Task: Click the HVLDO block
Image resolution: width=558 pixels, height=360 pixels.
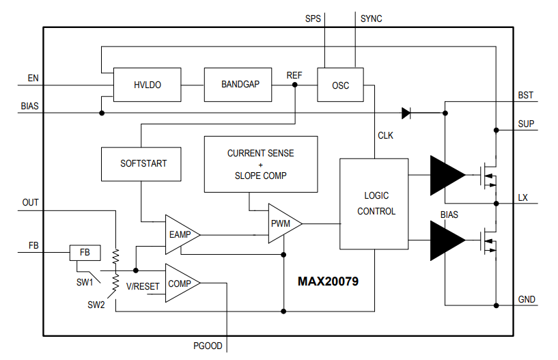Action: click(x=147, y=85)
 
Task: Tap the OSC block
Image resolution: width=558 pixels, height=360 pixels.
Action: click(x=340, y=85)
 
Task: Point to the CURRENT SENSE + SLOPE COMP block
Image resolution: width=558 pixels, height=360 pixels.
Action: click(x=261, y=164)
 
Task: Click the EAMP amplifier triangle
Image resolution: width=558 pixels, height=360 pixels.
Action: click(x=180, y=234)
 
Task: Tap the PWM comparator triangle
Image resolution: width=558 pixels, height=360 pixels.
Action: click(x=281, y=223)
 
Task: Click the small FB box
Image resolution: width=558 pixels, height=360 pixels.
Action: click(x=85, y=253)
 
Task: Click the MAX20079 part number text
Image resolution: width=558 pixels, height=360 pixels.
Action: click(x=328, y=281)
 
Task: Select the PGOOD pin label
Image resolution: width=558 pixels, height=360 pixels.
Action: click(x=208, y=346)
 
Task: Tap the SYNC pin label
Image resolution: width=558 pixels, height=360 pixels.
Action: click(x=371, y=18)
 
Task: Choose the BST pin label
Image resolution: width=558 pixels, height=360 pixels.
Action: click(x=526, y=95)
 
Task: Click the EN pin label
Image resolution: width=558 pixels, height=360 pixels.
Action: click(x=33, y=78)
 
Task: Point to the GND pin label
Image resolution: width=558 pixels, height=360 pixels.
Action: click(x=527, y=299)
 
